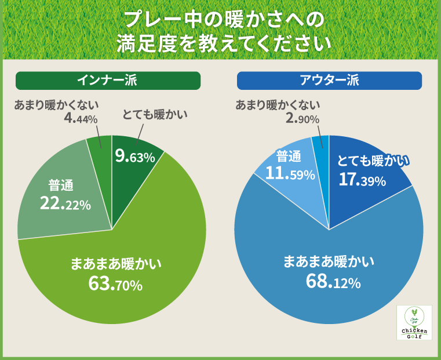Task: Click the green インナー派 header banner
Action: (x=108, y=81)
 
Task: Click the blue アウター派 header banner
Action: (x=329, y=81)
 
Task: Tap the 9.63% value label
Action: (x=134, y=157)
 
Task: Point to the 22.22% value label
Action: (x=65, y=203)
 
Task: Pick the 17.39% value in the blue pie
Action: (x=362, y=180)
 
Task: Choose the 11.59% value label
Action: (x=290, y=173)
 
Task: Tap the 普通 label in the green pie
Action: (x=61, y=186)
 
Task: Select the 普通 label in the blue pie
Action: (x=288, y=156)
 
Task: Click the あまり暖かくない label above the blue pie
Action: (x=278, y=105)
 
